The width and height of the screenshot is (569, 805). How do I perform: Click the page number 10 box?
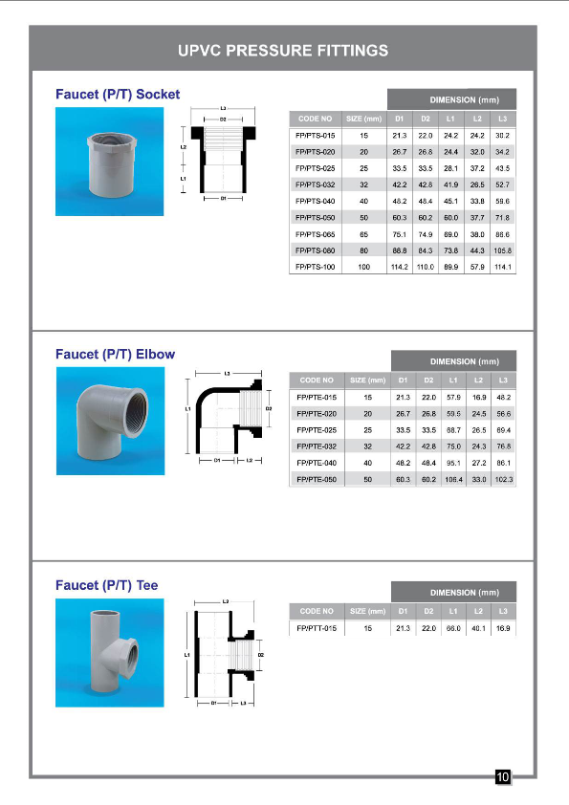(x=503, y=777)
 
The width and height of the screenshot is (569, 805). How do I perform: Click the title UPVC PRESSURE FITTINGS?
(x=283, y=50)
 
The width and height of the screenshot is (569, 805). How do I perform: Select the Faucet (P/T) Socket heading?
(x=118, y=95)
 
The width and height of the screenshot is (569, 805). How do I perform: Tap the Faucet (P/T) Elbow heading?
(x=115, y=354)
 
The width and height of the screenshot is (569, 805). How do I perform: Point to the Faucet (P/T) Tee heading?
(x=106, y=584)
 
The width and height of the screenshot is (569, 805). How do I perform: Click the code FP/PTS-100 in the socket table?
(x=315, y=267)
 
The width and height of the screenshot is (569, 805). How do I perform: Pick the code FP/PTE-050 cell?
(x=317, y=478)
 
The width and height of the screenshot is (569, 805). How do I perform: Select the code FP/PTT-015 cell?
(x=316, y=628)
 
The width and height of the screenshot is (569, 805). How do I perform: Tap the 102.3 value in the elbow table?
(x=503, y=478)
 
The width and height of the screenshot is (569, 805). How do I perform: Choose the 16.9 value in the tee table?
(x=503, y=628)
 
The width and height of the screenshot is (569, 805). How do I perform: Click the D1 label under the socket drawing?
(x=223, y=199)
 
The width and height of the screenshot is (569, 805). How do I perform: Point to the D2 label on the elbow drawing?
(x=269, y=408)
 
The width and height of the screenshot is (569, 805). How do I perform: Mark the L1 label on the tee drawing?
(x=187, y=654)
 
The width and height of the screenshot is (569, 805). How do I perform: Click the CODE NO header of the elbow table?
(x=317, y=380)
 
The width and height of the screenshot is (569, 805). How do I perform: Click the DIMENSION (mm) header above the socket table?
(x=451, y=99)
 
